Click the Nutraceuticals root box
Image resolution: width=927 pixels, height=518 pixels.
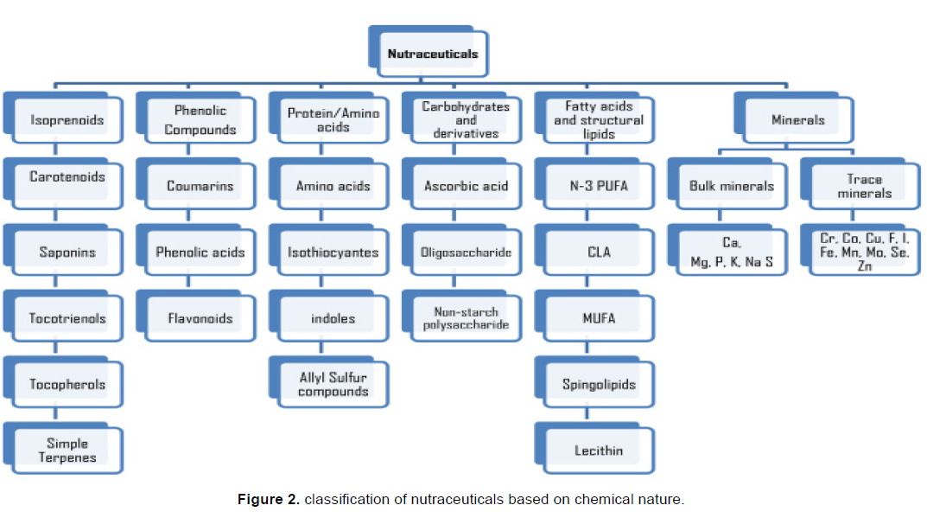point(432,54)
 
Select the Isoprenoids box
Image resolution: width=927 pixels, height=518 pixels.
point(67,120)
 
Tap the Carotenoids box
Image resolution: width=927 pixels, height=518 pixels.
point(67,178)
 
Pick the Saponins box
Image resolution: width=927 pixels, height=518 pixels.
point(67,253)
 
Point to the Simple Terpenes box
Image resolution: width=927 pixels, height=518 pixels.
point(67,451)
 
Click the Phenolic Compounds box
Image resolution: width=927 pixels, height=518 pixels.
point(200,120)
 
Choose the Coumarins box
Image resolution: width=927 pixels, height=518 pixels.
point(200,186)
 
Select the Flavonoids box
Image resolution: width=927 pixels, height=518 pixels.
point(200,318)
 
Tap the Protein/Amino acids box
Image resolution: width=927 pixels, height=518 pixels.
point(333,120)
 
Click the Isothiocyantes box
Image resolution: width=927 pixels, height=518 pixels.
point(333,253)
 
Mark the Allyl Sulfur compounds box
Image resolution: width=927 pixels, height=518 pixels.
point(333,385)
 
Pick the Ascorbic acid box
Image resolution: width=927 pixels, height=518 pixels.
point(467,186)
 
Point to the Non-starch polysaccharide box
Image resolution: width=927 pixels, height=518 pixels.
point(467,318)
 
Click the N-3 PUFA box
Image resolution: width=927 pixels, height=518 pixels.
point(599,186)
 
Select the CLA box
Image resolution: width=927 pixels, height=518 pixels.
point(599,253)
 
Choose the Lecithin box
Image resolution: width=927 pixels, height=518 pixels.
point(599,451)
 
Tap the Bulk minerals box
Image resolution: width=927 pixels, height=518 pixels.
point(732,186)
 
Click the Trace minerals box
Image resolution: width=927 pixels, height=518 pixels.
point(865,186)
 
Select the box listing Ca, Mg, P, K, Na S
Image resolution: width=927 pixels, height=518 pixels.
point(732,253)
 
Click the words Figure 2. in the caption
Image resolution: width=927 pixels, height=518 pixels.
point(269,500)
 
